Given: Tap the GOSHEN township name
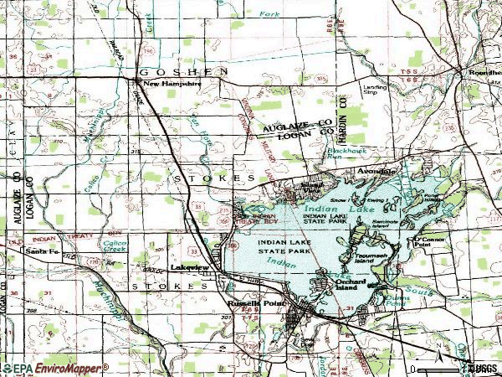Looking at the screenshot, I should click(x=184, y=72).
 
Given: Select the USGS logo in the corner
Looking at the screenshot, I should click(x=482, y=367).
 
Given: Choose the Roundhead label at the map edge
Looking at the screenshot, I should click(x=483, y=71).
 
